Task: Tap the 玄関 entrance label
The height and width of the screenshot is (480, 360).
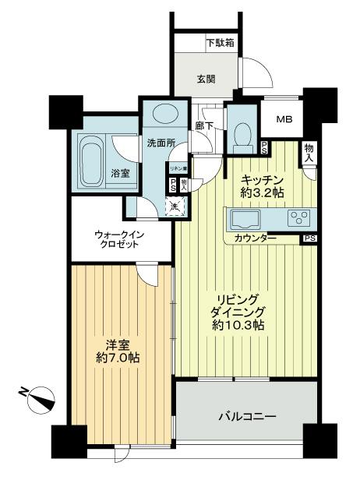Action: click(x=207, y=79)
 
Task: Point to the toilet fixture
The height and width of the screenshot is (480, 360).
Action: click(x=242, y=134)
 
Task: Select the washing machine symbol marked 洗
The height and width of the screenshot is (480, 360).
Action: click(x=177, y=206)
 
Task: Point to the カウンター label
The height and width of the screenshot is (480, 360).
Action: click(x=255, y=238)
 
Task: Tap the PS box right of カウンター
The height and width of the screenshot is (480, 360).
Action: click(x=309, y=238)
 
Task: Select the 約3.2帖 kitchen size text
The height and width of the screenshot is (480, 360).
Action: click(x=262, y=191)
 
